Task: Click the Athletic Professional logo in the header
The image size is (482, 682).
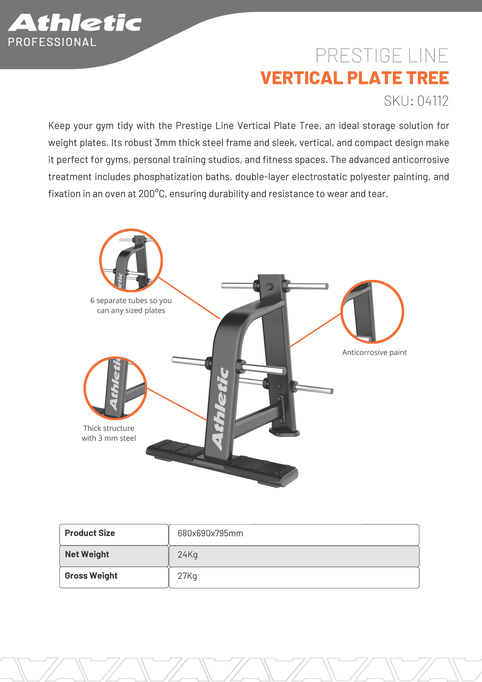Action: click(x=75, y=30)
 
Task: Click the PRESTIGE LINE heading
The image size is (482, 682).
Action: click(x=382, y=56)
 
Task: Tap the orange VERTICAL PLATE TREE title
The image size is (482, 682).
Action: click(x=355, y=78)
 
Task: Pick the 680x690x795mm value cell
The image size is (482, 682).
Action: click(x=294, y=533)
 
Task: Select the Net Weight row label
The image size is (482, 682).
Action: click(x=114, y=554)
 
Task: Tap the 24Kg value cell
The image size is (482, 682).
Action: click(x=294, y=555)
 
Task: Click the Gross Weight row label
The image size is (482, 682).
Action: click(x=114, y=576)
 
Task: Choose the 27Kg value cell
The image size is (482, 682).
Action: click(x=294, y=576)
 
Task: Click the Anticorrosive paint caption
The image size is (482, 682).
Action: click(x=374, y=352)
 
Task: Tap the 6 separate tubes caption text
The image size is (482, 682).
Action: click(x=131, y=305)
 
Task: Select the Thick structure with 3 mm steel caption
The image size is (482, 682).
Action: click(x=109, y=433)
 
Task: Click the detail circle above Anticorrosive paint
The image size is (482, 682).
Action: click(x=372, y=312)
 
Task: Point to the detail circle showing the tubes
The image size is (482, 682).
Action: click(x=131, y=260)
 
